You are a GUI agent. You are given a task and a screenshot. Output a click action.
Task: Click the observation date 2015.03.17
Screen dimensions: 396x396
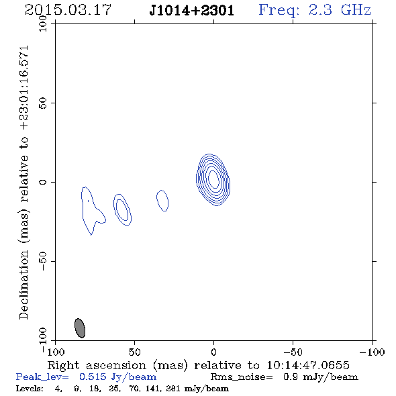(x=68, y=10)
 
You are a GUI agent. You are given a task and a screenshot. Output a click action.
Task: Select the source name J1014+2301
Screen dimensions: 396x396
(x=192, y=10)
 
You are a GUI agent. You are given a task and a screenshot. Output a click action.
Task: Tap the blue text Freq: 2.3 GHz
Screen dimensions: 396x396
(x=315, y=10)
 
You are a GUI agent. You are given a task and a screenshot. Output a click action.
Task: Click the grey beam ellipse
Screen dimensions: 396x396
(x=80, y=328)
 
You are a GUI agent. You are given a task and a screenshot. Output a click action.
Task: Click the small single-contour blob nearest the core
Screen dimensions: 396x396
(x=162, y=201)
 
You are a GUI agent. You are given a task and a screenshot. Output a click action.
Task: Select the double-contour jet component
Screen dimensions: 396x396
(x=122, y=209)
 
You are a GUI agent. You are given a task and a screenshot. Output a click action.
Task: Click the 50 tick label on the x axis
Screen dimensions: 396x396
(x=134, y=352)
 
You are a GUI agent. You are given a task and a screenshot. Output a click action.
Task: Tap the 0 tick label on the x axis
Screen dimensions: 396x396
(x=213, y=352)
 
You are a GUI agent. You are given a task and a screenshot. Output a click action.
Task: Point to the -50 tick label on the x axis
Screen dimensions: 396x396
(x=293, y=352)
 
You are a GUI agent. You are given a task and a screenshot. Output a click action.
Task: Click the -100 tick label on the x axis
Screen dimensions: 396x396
(x=372, y=352)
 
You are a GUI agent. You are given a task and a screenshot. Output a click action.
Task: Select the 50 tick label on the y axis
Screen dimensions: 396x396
(x=43, y=103)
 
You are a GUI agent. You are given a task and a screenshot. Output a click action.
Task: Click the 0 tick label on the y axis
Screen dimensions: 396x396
(x=43, y=182)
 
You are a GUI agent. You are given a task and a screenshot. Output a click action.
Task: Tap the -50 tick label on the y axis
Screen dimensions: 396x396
(x=43, y=261)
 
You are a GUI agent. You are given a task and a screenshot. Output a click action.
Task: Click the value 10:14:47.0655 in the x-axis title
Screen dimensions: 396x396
(x=308, y=365)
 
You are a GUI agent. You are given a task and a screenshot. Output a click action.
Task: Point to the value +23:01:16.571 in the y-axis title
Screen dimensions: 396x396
(x=23, y=88)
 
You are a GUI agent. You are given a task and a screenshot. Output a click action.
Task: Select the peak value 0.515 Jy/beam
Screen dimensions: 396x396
(x=117, y=377)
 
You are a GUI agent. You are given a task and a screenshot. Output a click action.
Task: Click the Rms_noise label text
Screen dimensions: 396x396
(x=242, y=377)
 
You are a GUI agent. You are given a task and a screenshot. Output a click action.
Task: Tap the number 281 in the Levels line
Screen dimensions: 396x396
(x=173, y=389)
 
